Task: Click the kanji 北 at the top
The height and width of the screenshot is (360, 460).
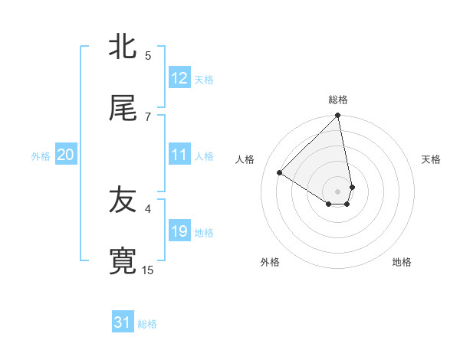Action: pyautogui.click(x=123, y=46)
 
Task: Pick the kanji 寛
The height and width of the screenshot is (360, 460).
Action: pyautogui.click(x=123, y=260)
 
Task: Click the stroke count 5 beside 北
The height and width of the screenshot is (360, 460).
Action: pyautogui.click(x=148, y=56)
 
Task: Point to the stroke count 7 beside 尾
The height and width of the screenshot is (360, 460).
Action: pyautogui.click(x=148, y=116)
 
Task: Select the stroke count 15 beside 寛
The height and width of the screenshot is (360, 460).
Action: pyautogui.click(x=148, y=270)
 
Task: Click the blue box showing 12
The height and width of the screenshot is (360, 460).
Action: pyautogui.click(x=179, y=78)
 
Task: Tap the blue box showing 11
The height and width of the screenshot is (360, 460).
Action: pyautogui.click(x=179, y=155)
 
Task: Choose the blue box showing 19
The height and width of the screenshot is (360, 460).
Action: pyautogui.click(x=179, y=232)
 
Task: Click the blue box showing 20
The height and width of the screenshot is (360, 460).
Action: pyautogui.click(x=66, y=155)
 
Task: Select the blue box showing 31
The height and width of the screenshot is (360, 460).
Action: pyautogui.click(x=123, y=323)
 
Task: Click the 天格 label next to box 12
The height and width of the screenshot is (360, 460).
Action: pyautogui.click(x=204, y=80)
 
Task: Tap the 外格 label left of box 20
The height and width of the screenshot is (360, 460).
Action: pyautogui.click(x=41, y=156)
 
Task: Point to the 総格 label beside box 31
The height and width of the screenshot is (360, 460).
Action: pyautogui.click(x=147, y=324)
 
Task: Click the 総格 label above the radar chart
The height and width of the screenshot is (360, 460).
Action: pyautogui.click(x=338, y=100)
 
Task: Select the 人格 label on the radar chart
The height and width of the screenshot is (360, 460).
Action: pyautogui.click(x=245, y=159)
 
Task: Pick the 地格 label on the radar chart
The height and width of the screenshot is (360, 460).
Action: pyautogui.click(x=402, y=262)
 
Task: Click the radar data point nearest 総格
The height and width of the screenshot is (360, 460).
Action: pyautogui.click(x=338, y=116)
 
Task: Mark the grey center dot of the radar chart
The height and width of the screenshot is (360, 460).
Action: pyautogui.click(x=338, y=191)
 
